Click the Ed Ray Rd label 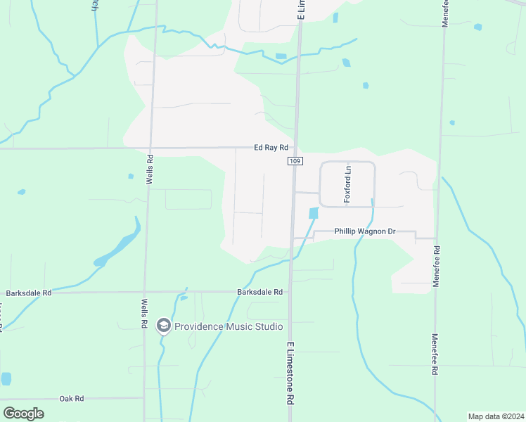[271, 148]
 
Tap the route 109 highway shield [295, 162]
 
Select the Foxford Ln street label [347, 185]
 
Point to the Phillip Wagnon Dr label [365, 231]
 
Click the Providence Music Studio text [229, 326]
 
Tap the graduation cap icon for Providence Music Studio [164, 326]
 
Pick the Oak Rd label [72, 398]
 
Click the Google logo [23, 413]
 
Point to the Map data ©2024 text [496, 416]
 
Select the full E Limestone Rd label [290, 373]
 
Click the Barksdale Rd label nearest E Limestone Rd [259, 292]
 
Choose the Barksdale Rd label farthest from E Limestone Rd [28, 293]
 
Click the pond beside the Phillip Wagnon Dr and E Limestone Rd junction [313, 212]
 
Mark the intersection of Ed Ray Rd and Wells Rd [149, 148]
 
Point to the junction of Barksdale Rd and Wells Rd [145, 292]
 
